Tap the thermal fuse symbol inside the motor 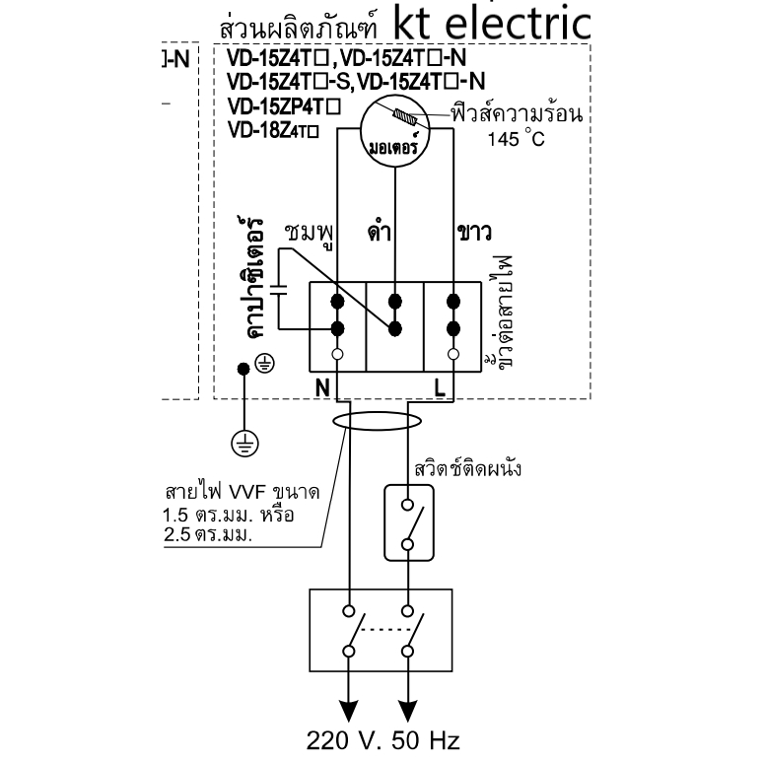click(405, 117)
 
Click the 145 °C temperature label click(516, 138)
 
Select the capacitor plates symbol click(279, 290)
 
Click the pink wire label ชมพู click(310, 234)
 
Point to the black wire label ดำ click(380, 232)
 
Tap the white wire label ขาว click(474, 233)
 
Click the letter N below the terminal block click(322, 388)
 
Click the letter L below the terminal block click(440, 388)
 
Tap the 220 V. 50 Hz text click(382, 740)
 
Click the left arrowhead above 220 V click(348, 711)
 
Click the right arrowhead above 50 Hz click(408, 711)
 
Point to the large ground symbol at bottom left click(244, 444)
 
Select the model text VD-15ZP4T click(284, 106)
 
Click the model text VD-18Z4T click(273, 130)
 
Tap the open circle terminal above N click(337, 354)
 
